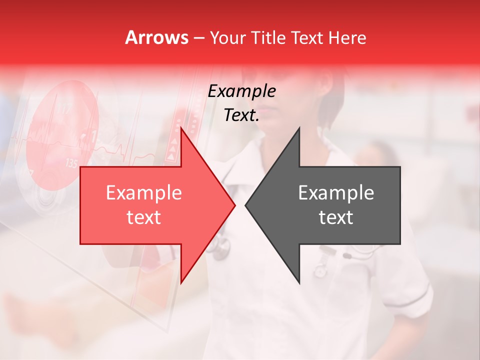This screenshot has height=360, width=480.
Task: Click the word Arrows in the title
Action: coord(156,37)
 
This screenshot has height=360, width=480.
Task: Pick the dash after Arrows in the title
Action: coord(198,38)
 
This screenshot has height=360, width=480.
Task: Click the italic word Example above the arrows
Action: coord(241,91)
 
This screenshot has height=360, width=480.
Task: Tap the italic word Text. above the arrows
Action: coord(241,115)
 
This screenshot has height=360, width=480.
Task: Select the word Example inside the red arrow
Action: coord(143,192)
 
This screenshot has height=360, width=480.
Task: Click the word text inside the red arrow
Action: coord(143,217)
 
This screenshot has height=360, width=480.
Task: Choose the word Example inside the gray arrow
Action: coord(336,192)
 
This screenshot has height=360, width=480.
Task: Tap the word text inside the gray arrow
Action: coord(336,217)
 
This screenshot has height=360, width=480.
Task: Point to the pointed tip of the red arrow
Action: coord(234,205)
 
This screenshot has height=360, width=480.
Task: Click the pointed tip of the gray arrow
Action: coord(245,205)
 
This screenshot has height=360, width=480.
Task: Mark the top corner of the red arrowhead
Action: coord(181,128)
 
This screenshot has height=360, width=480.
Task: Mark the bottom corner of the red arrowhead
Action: coord(181,282)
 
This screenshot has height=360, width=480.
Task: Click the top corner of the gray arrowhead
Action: coord(299,128)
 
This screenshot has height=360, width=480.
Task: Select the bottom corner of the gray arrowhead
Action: coord(299,282)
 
